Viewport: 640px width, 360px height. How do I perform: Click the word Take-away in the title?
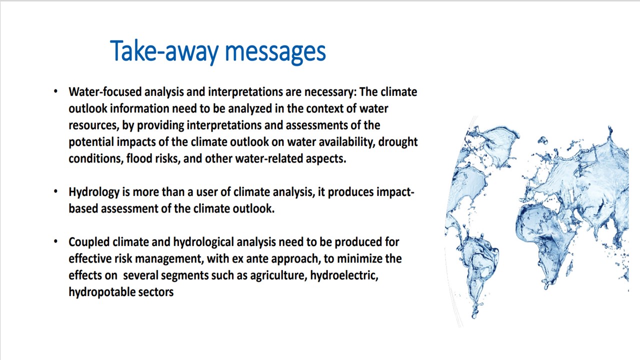164,51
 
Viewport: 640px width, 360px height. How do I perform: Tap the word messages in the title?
275,52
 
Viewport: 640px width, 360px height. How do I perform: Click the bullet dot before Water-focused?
55,91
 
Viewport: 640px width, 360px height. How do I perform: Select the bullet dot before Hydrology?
55,191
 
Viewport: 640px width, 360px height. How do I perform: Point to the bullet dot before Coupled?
55,241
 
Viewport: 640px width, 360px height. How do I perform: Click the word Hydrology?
94,192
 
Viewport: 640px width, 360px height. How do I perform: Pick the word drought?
398,142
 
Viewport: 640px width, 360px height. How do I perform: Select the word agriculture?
278,275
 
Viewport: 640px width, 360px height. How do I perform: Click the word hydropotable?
101,292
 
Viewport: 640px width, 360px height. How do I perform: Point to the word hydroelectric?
344,275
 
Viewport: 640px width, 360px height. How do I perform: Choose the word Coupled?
89,242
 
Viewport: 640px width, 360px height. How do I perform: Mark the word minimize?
359,258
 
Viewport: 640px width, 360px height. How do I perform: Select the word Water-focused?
105,91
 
